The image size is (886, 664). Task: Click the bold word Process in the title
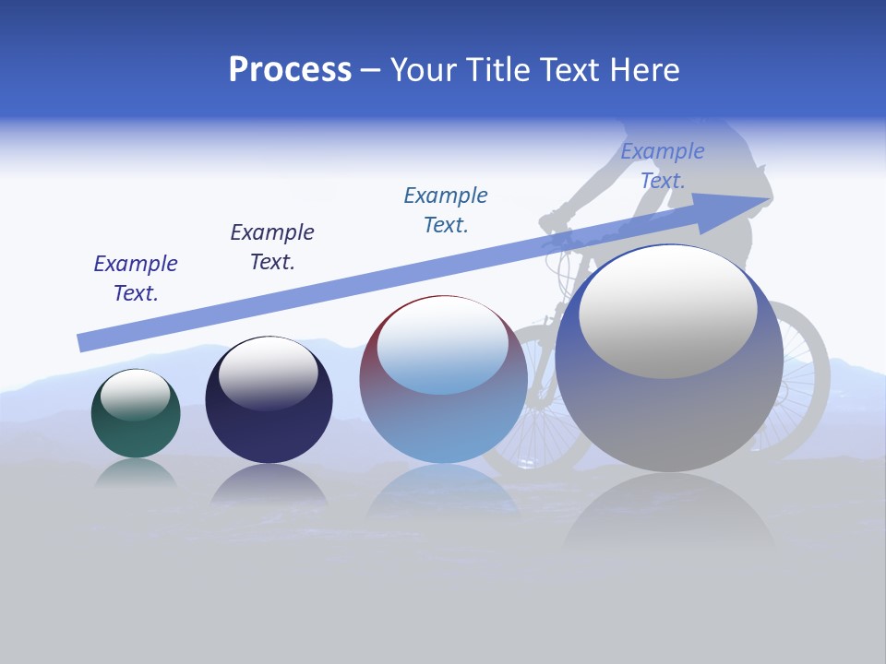290,70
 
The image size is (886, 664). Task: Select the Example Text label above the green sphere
136,278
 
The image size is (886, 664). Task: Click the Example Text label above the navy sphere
272,246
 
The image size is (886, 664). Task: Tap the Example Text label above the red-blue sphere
446,209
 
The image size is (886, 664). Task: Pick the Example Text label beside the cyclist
663,165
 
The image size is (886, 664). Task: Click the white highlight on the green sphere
136,394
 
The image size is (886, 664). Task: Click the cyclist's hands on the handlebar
554,221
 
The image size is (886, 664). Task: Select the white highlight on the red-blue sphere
443,343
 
